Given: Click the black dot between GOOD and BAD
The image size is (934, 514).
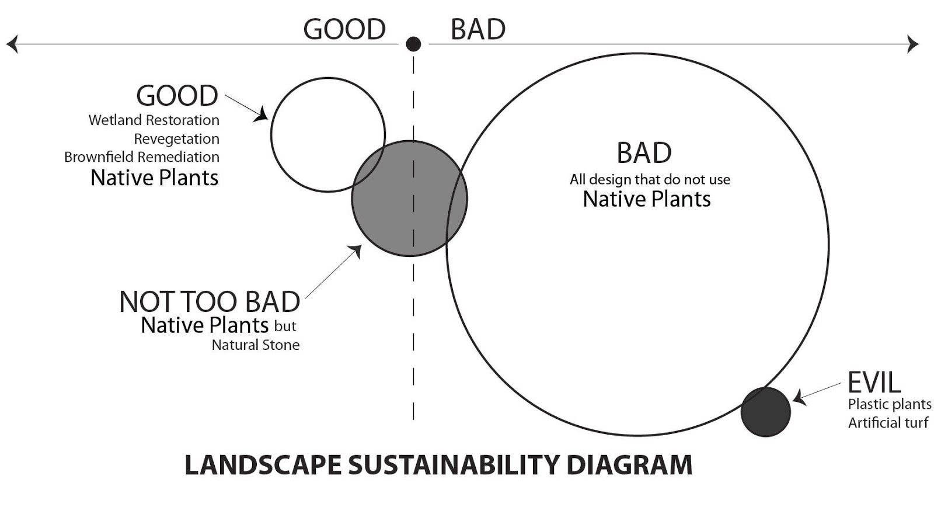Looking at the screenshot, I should [x=413, y=44].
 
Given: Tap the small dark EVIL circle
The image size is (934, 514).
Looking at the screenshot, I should [x=765, y=412].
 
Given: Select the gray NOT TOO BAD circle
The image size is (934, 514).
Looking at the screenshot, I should [x=409, y=199].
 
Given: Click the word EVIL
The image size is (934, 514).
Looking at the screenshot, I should [x=874, y=383].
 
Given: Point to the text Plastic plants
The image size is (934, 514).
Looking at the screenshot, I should [x=889, y=404].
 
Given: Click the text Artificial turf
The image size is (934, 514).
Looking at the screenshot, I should [x=888, y=423].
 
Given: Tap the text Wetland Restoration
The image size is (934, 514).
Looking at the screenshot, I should [x=154, y=120].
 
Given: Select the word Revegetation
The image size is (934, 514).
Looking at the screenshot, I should [x=176, y=139].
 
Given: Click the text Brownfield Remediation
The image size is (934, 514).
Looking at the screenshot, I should [x=142, y=157].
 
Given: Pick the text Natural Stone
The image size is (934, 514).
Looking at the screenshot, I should [x=255, y=345].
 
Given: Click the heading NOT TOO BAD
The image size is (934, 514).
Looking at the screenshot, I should [x=210, y=302].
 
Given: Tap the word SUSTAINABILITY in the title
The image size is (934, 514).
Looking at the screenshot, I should [x=454, y=466].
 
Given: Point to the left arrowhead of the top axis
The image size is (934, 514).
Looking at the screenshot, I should [x=12, y=44].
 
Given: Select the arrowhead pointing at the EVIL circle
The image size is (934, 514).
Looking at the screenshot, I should [x=799, y=398].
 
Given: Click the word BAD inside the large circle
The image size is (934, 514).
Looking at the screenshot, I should [x=644, y=154].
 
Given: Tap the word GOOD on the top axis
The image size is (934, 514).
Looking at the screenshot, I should [x=344, y=29].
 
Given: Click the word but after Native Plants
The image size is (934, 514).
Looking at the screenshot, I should [x=285, y=326].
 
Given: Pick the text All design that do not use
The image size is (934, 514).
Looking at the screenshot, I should [x=650, y=179].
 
